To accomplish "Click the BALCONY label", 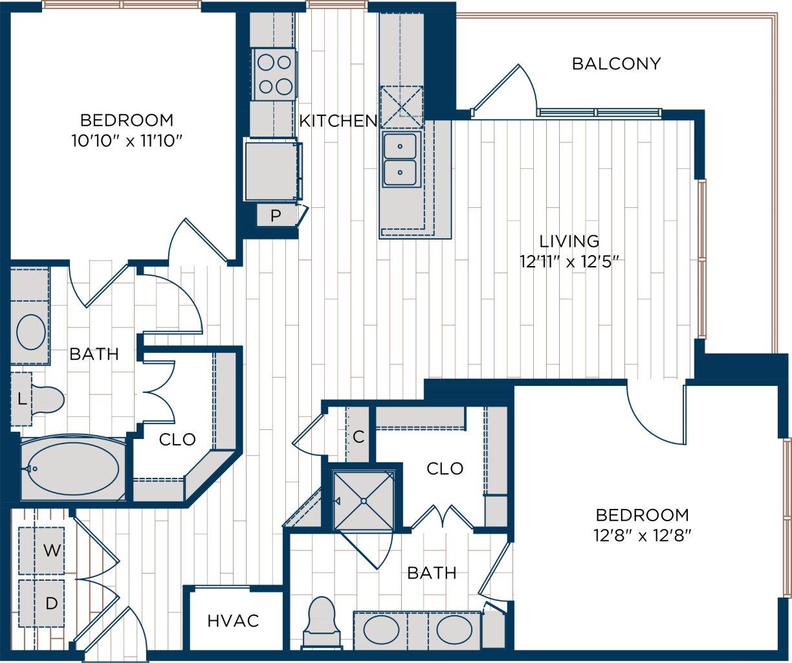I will [616, 63].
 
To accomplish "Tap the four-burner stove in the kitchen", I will [274, 74].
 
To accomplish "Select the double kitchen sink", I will [401, 159].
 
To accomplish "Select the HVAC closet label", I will [233, 621].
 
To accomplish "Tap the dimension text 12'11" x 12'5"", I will [569, 262].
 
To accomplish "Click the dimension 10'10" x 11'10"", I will [126, 140].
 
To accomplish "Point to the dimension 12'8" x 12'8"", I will [642, 535].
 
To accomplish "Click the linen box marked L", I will [21, 399].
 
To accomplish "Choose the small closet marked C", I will [358, 437].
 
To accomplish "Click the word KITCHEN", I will [338, 120].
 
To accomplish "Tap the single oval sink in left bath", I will [30, 332].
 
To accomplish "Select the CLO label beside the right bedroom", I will [445, 468].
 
